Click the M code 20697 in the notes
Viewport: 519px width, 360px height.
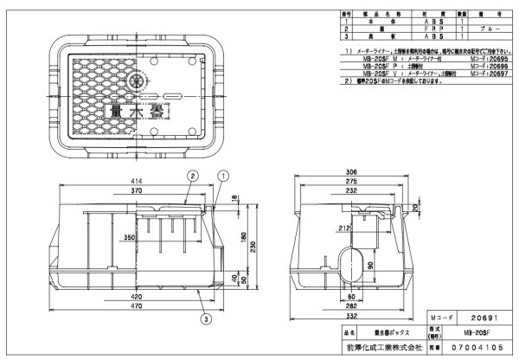pyautogui.click(x=486, y=74)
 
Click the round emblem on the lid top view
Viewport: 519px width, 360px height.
pyautogui.click(x=134, y=80)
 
